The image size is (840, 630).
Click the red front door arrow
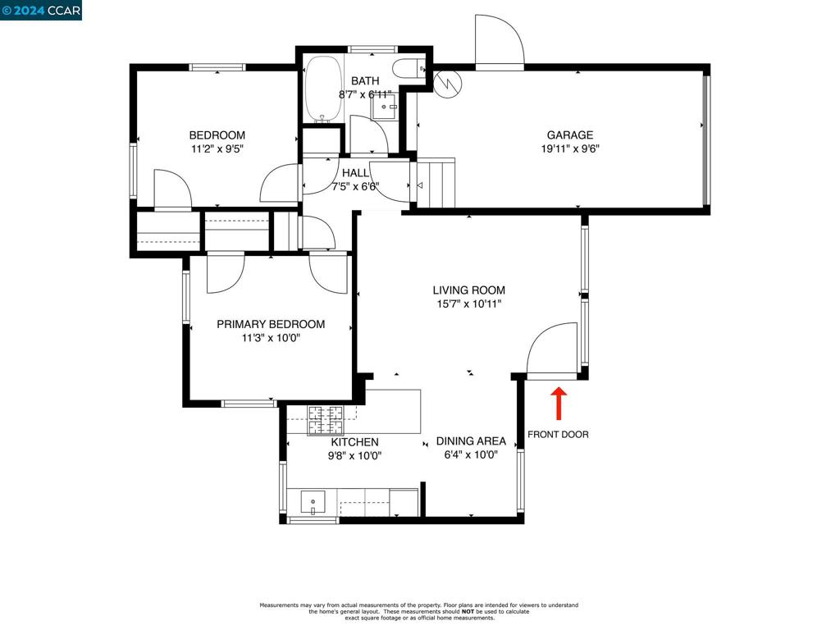point(559,404)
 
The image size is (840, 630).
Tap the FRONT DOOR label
point(558,435)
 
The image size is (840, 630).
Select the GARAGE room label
point(570,135)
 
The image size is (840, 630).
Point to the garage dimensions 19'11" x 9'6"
point(570,149)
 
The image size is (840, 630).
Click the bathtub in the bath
point(323,89)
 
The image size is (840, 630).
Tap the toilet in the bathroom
point(409,69)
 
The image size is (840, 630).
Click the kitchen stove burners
point(325,420)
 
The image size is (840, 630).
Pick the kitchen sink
point(313,502)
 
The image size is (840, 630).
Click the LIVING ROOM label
point(468,290)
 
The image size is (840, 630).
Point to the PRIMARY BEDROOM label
point(271,324)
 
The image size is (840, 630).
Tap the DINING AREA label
point(471,441)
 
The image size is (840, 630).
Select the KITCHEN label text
point(354,442)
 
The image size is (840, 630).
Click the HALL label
point(355,173)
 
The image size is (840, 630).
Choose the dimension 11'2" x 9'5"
point(217,149)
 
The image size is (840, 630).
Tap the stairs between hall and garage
point(436,183)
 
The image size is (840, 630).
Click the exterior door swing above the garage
point(500,42)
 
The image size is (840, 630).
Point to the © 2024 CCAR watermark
point(41,10)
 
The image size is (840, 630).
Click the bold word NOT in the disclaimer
point(468,611)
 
